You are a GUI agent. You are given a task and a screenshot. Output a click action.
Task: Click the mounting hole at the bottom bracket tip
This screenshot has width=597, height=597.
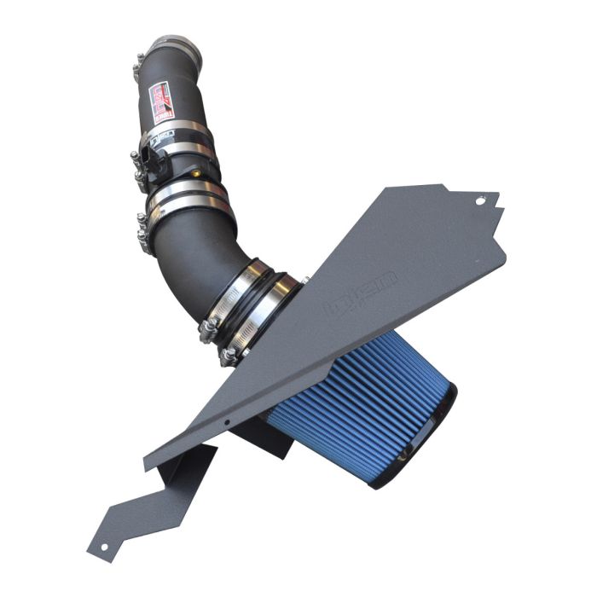pyautogui.click(x=103, y=546)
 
